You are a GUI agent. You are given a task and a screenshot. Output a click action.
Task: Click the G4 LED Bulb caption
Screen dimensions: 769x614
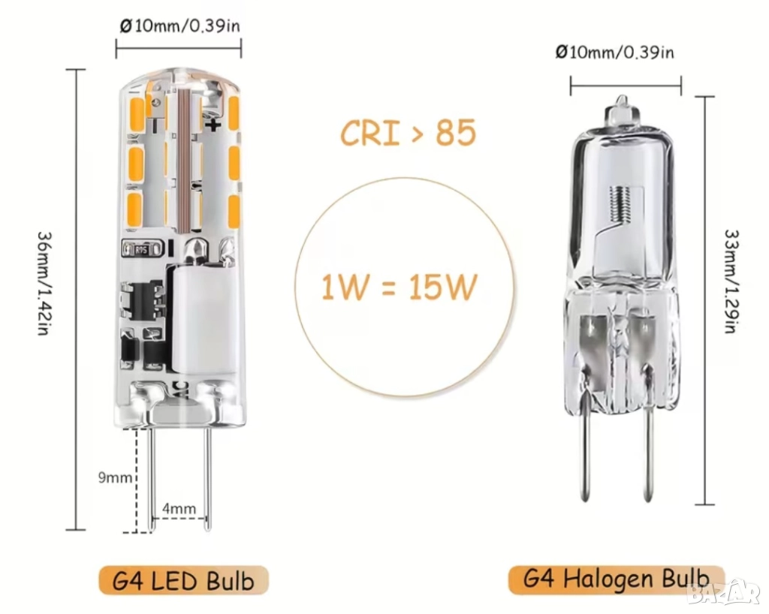pyautogui.click(x=183, y=581)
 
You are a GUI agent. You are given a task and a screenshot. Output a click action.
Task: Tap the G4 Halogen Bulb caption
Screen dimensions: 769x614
pyautogui.click(x=616, y=579)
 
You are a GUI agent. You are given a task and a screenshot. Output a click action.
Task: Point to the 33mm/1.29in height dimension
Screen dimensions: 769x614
pyautogui.click(x=731, y=281)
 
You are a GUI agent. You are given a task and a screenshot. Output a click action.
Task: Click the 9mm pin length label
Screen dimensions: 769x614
pyautogui.click(x=115, y=477)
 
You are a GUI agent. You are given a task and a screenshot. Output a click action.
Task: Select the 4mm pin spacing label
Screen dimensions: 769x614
pyautogui.click(x=179, y=509)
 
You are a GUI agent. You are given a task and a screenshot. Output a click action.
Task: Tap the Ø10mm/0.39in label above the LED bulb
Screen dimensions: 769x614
pyautogui.click(x=180, y=26)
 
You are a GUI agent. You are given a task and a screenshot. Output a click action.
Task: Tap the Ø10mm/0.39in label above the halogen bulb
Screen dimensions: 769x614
pyautogui.click(x=615, y=52)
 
